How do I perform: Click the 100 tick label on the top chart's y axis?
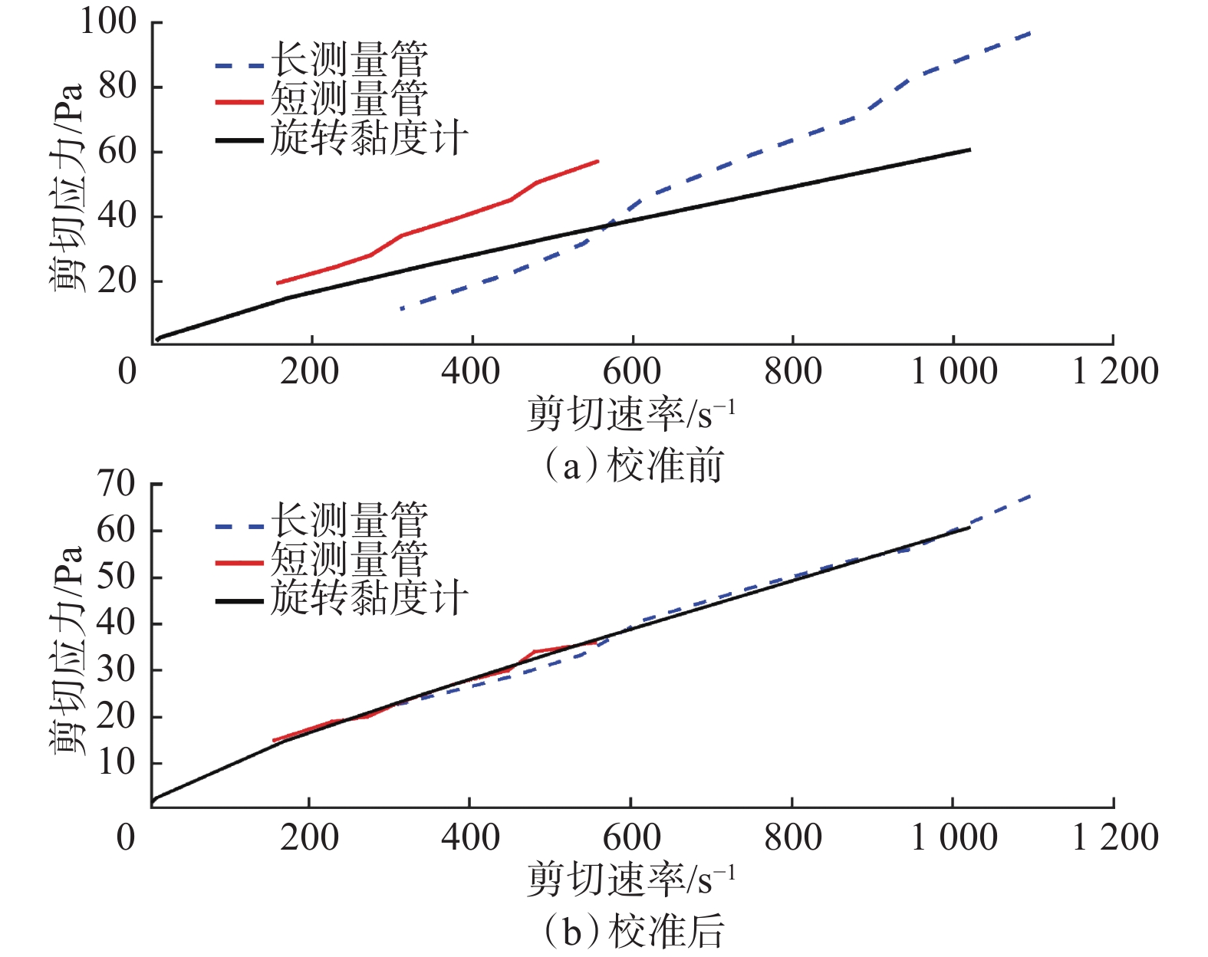tap(108, 21)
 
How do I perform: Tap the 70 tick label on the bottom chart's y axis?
tap(116, 484)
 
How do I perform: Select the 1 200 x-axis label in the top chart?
tap(1114, 371)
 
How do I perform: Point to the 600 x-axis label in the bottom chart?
tap(631, 837)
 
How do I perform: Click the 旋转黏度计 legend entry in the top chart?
tap(369, 139)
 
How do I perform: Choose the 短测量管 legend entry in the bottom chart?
tap(349, 560)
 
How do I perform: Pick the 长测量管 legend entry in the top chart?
tap(349, 60)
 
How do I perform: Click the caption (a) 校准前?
tap(634, 465)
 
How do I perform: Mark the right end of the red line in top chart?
tap(597, 161)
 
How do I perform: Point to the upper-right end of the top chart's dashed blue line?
tap(1031, 33)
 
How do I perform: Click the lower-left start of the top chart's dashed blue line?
tap(400, 309)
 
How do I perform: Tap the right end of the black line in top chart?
tap(970, 149)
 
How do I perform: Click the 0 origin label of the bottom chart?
tap(127, 837)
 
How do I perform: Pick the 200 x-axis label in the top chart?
tap(309, 371)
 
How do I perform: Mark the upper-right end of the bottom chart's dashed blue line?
tap(1031, 496)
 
